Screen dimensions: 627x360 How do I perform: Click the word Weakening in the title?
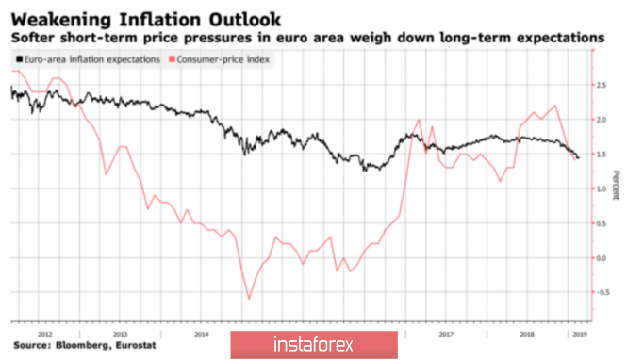pyautogui.click(x=61, y=20)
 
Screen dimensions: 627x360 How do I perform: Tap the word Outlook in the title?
pyautogui.click(x=245, y=20)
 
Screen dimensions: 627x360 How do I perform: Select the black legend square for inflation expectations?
pyautogui.click(x=19, y=59)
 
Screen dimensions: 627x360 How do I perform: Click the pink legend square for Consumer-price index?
pyautogui.click(x=172, y=59)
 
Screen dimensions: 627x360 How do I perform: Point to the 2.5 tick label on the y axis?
pyautogui.click(x=601, y=85)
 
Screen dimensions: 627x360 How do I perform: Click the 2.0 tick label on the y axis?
pyautogui.click(x=601, y=120)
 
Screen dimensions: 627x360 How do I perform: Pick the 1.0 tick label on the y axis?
pyautogui.click(x=601, y=189)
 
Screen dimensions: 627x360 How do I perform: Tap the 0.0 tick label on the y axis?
pyautogui.click(x=601, y=258)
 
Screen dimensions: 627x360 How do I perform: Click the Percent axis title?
pyautogui.click(x=616, y=185)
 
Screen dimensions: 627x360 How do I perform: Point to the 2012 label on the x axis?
pyautogui.click(x=45, y=335)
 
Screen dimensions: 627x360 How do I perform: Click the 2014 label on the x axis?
pyautogui.click(x=201, y=335)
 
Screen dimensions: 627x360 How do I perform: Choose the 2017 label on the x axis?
pyautogui.click(x=446, y=335)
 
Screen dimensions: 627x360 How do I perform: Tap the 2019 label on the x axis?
pyautogui.click(x=580, y=335)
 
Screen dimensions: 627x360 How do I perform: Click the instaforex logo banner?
pyautogui.click(x=314, y=344)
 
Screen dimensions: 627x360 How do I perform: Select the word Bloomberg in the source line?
pyautogui.click(x=83, y=345)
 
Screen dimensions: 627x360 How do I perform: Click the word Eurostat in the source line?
pyautogui.click(x=136, y=345)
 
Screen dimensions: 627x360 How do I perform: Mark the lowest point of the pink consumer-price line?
pyautogui.click(x=249, y=299)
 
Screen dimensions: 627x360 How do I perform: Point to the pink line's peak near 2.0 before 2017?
pyautogui.click(x=419, y=120)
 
